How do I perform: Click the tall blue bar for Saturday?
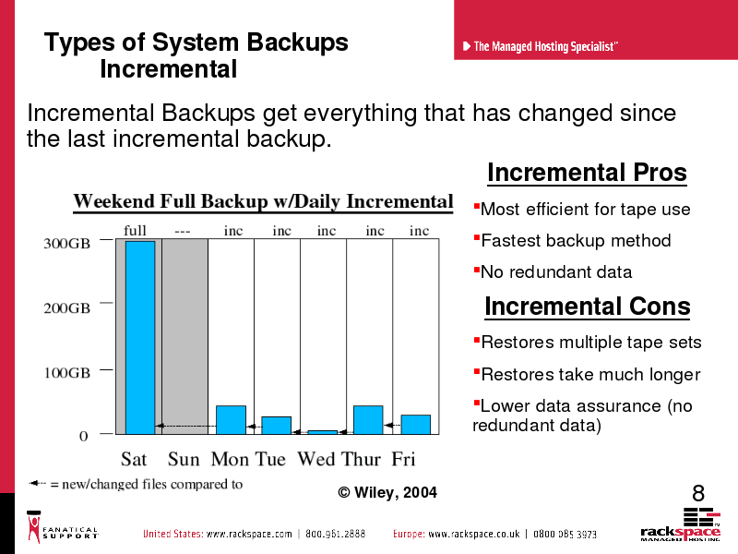tap(140, 337)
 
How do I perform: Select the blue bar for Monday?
tap(231, 420)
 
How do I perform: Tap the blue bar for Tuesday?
tap(276, 426)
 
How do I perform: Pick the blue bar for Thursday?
tap(368, 420)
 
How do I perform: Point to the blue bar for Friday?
tap(416, 425)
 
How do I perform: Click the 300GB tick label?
tap(66, 244)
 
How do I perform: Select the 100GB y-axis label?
tap(66, 373)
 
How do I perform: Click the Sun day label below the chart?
tap(184, 459)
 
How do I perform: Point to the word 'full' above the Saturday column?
tap(135, 230)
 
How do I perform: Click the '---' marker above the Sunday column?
tap(182, 232)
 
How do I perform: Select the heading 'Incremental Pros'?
tap(587, 173)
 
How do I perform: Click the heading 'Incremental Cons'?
tap(588, 307)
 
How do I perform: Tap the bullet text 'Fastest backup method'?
tap(576, 241)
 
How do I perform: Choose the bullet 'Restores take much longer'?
tap(590, 375)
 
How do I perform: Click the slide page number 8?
tap(698, 494)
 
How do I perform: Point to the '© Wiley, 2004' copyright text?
tap(387, 493)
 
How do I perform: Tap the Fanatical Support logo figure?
tap(34, 527)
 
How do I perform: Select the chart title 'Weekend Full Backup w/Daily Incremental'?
tap(263, 201)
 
